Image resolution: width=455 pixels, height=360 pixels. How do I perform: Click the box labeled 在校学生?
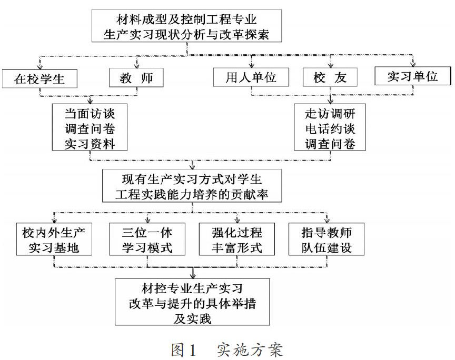39,78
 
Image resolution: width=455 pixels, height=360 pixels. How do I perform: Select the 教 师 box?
136,77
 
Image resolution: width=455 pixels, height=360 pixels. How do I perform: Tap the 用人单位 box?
251,77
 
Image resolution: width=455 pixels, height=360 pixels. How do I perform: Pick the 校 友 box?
330,77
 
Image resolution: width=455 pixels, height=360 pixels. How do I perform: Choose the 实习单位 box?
413,76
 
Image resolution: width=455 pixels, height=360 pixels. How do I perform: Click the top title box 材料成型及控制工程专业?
186,26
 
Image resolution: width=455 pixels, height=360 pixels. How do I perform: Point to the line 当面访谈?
90,114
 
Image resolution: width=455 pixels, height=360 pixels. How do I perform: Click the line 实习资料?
90,144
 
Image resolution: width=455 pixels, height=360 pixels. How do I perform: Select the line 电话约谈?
330,128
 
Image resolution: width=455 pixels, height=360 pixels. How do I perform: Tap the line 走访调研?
330,114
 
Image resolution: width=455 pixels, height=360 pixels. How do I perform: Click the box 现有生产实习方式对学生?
192,186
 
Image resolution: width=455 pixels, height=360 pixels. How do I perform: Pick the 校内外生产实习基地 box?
54,239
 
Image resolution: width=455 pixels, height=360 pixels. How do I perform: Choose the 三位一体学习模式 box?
147,239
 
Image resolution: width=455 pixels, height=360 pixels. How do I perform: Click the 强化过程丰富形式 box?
237,239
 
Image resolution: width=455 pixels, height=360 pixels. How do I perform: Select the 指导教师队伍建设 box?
327,239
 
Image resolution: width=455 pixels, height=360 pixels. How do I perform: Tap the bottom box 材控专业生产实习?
192,302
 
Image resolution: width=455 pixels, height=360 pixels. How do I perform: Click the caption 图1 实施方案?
226,349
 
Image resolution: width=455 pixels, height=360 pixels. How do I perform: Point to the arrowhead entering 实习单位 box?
413,64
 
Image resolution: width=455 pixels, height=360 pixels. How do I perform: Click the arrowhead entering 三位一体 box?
147,220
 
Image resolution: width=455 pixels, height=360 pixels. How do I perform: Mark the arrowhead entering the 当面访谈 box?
90,101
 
